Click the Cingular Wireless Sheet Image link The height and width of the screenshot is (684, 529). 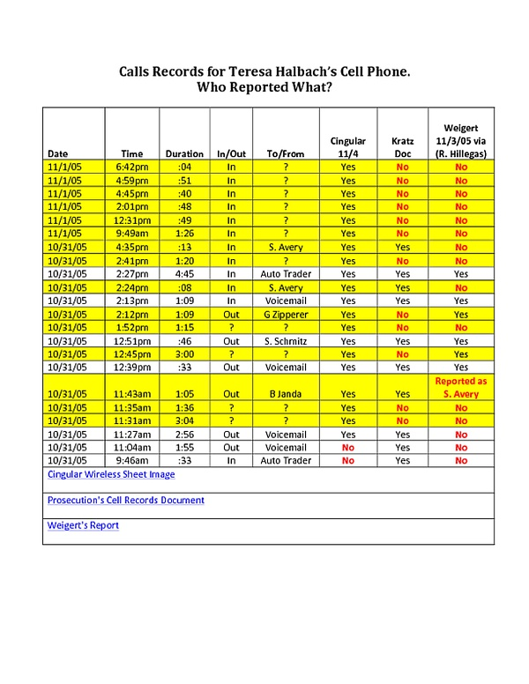tap(111, 474)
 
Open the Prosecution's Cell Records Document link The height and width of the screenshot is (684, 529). tap(125, 500)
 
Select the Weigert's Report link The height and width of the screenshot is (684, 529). tap(83, 525)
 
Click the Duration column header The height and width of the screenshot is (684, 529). tap(184, 153)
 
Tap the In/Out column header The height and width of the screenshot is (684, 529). tap(231, 153)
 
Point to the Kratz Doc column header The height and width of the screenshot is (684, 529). tap(402, 146)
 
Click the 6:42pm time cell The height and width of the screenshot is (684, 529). tap(132, 166)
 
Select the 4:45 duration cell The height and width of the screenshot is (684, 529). tap(184, 274)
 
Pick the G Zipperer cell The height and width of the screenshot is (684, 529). tap(278, 315)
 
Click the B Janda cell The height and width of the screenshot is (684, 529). tap(278, 394)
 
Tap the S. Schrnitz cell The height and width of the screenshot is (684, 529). tap(278, 341)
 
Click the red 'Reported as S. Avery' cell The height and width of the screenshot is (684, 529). tap(461, 388)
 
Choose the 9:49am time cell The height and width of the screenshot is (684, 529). tap(132, 234)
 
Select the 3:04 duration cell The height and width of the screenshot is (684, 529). tap(184, 421)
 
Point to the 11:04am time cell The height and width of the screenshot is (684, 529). tap(132, 448)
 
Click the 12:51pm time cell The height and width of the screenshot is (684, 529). tap(132, 341)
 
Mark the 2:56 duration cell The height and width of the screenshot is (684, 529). tap(184, 435)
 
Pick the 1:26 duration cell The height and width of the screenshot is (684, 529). tap(184, 234)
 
